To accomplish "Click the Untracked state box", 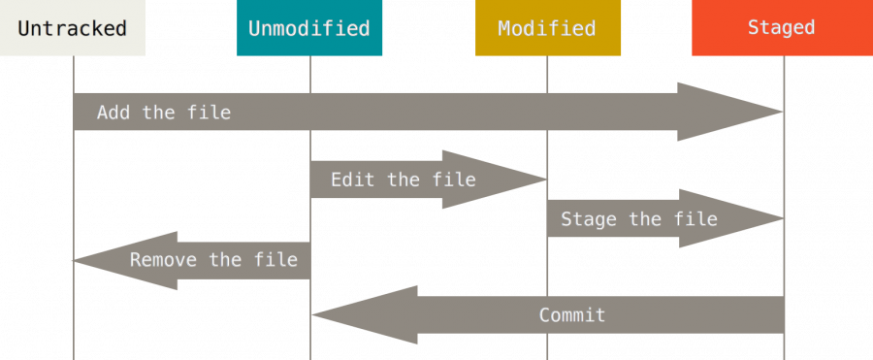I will (x=72, y=28).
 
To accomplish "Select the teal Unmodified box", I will (x=309, y=28).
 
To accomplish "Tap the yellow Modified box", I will (x=547, y=28).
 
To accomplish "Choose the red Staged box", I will (x=781, y=28).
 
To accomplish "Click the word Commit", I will (x=572, y=314).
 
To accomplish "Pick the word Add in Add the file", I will (x=113, y=113).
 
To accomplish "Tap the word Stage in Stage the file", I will (x=589, y=218).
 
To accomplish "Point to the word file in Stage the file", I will (x=695, y=218).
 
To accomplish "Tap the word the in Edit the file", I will (x=404, y=180).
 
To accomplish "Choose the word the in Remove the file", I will (x=225, y=260).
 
